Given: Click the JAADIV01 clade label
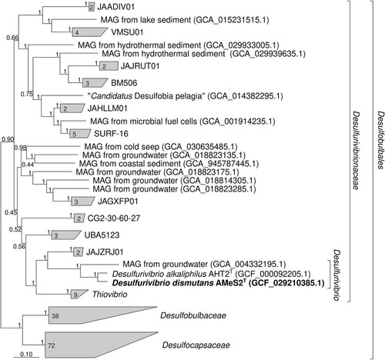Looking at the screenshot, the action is pos(115,7).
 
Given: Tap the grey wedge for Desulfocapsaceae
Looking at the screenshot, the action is pos(85,345).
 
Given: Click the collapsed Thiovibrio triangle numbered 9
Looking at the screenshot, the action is pos(77,294).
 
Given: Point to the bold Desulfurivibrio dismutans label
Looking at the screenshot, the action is pos(218,283).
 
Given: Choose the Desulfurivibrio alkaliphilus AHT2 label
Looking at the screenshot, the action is pos(211,274).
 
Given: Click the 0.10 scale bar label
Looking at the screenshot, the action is pos(26,354).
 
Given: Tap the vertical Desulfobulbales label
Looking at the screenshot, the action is pos(381,140).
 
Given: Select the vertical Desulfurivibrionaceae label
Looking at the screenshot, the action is pos(355,150).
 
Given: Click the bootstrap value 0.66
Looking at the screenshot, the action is pos(12,38).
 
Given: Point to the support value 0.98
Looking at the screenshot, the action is pos(20,148).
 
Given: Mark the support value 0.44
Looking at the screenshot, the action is pos(28,165).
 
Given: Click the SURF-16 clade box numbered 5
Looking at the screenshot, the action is pos(80,134).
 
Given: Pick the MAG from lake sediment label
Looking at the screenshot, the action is pos(185,20).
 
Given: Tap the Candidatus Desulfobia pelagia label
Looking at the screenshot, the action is pos(185,96).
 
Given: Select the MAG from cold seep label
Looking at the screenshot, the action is pos(161,147).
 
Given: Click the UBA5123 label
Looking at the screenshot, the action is pos(102,235).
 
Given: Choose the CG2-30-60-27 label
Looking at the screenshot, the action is pos(114,218).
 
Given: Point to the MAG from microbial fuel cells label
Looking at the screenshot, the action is pos(182,122).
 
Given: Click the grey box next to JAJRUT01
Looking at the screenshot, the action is pos(109,66).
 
